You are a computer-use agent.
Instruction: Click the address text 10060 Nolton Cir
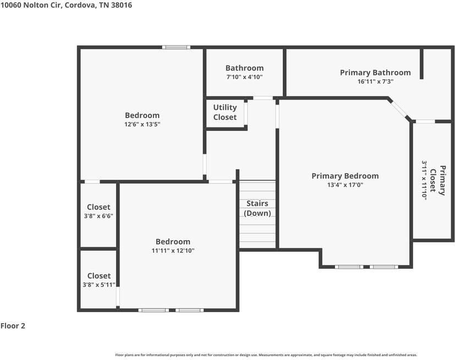tap(31, 5)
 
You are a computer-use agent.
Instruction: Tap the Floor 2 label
tap(13, 326)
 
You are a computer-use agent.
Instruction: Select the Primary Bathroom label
tap(375, 73)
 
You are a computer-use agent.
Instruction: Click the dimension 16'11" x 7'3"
tap(375, 81)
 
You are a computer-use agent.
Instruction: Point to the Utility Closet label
tap(225, 112)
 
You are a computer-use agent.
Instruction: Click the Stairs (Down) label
tap(257, 208)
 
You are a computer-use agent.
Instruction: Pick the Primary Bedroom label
tap(345, 176)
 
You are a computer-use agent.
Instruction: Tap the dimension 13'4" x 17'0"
tap(345, 185)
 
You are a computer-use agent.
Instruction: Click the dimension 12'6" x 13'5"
tap(142, 124)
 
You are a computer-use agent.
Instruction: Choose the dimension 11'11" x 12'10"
tap(173, 251)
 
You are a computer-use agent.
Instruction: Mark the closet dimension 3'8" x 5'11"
tap(99, 285)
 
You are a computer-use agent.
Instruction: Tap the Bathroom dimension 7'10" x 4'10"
tap(244, 77)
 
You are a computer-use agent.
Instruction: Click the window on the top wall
tap(176, 47)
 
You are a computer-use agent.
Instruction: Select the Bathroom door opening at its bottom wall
tap(263, 98)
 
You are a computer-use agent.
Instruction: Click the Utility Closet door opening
tap(246, 114)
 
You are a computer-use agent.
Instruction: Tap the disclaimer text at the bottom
tap(266, 355)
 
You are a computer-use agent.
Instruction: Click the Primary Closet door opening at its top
tap(424, 121)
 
